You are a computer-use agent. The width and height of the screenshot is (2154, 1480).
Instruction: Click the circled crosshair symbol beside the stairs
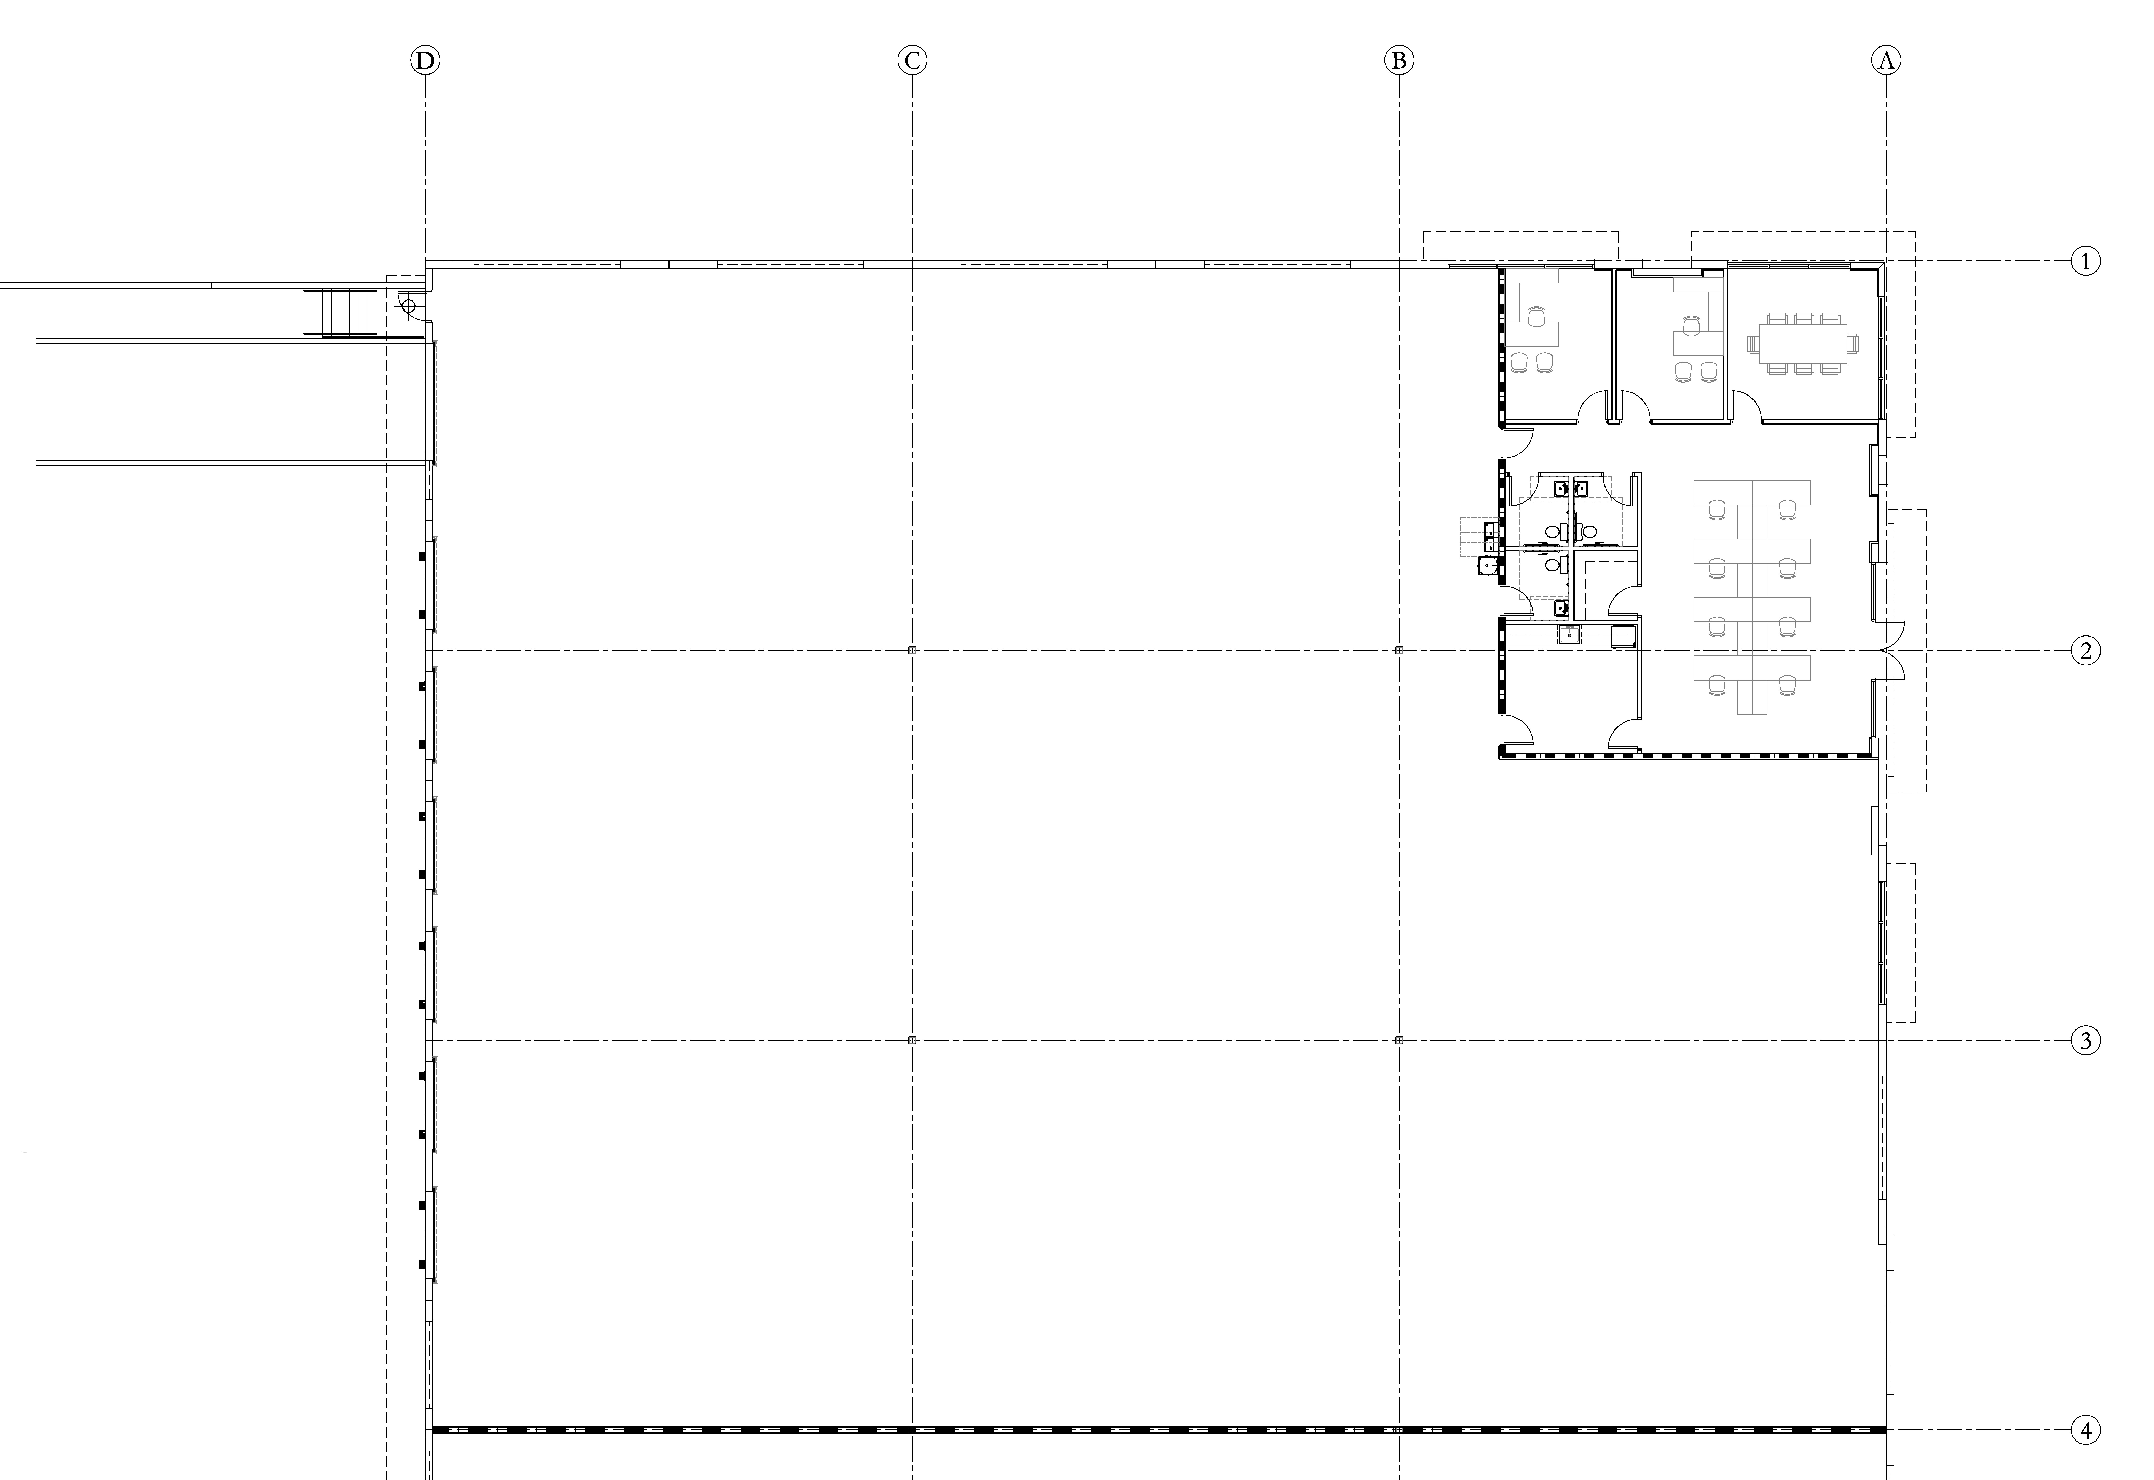click(407, 305)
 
